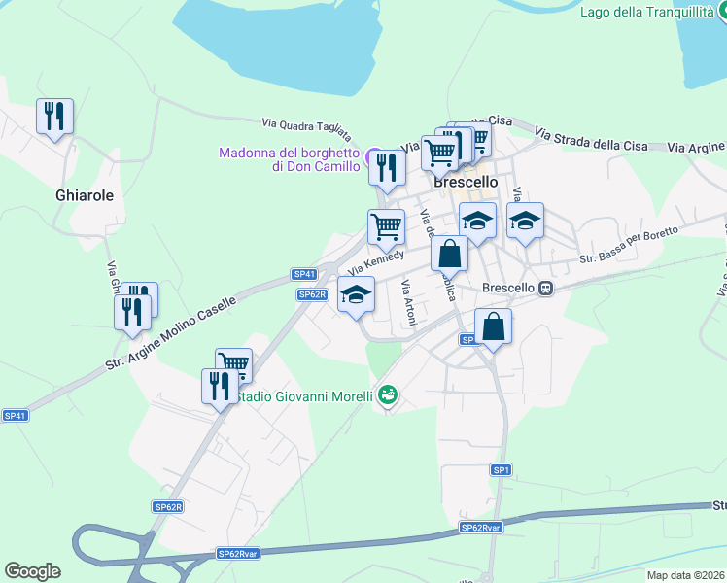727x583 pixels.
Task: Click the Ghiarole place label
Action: pyautogui.click(x=85, y=195)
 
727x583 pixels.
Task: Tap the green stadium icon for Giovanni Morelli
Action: pyautogui.click(x=388, y=394)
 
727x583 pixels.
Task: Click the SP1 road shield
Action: pyautogui.click(x=502, y=470)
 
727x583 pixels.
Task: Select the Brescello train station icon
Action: pyautogui.click(x=547, y=288)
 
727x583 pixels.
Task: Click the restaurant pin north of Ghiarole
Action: pyautogui.click(x=55, y=117)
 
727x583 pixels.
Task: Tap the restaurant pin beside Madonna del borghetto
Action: pyautogui.click(x=387, y=167)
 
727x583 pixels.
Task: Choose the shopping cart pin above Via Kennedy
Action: pyautogui.click(x=387, y=226)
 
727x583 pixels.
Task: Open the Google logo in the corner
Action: pyautogui.click(x=32, y=571)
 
